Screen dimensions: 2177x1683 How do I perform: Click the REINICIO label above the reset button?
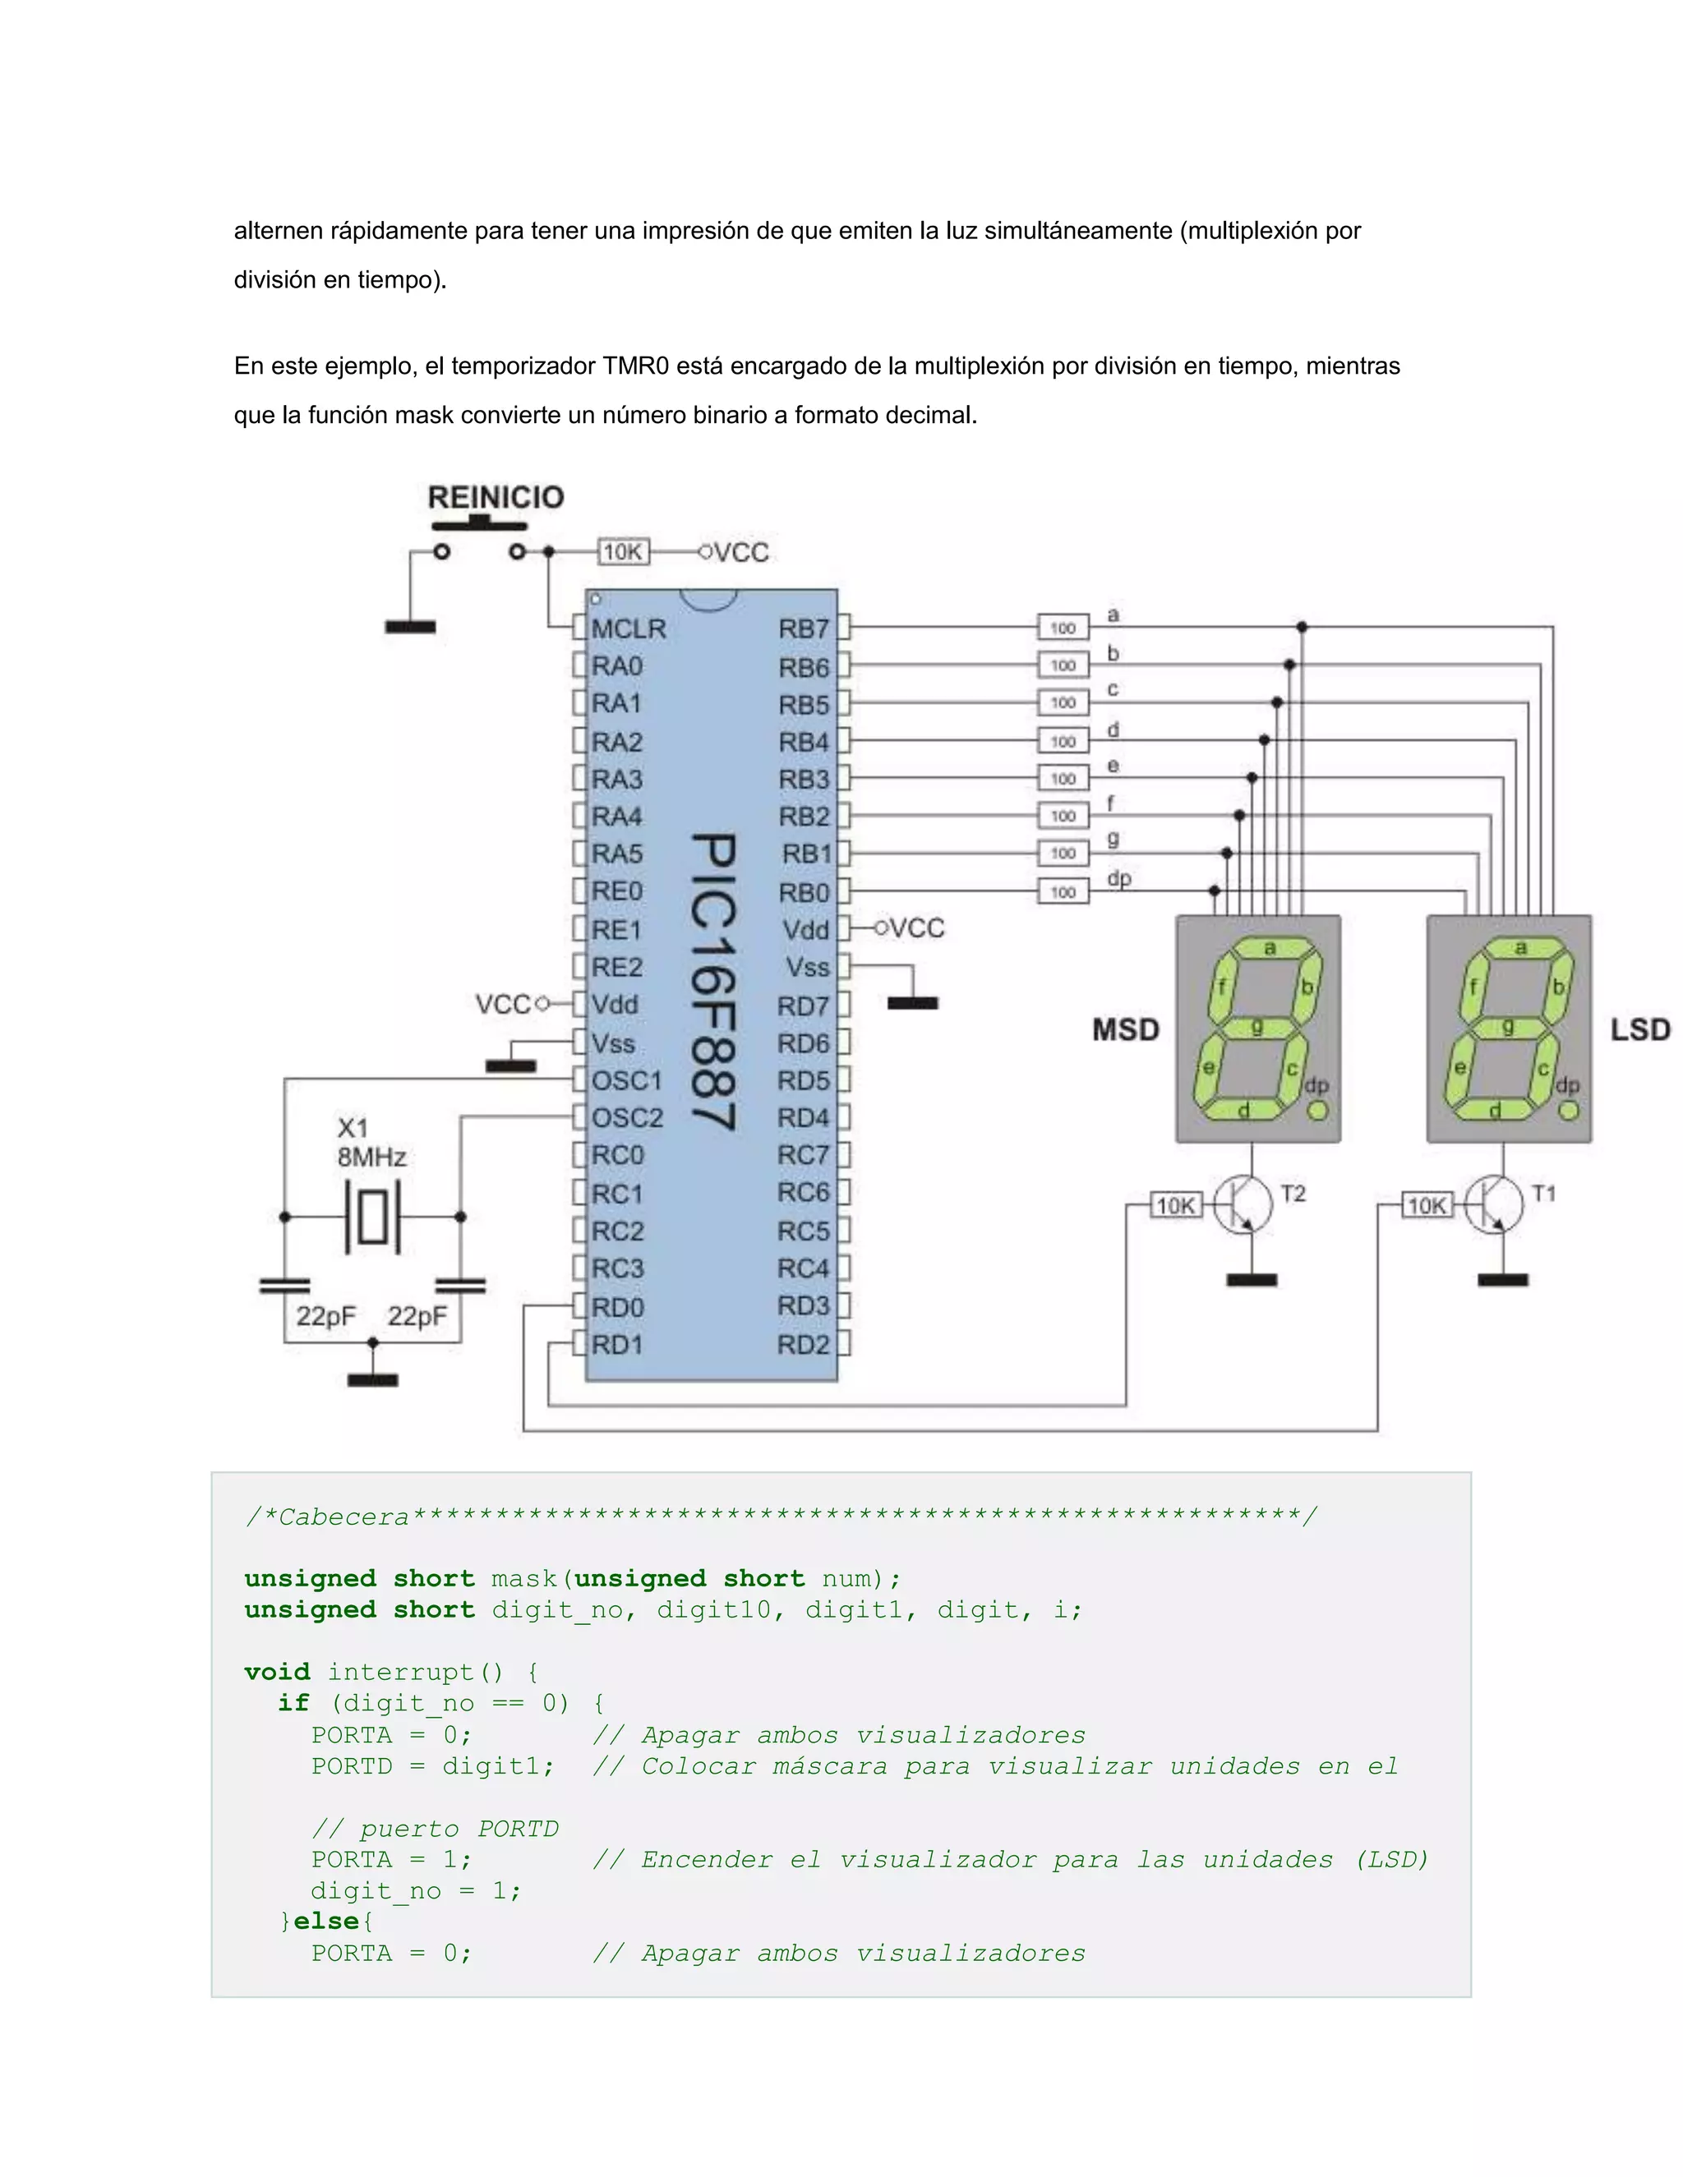pyautogui.click(x=496, y=496)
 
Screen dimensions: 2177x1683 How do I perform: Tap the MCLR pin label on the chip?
pyautogui.click(x=628, y=629)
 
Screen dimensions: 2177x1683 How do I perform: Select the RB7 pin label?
pyautogui.click(x=803, y=629)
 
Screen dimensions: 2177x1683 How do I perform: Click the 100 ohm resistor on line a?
pyautogui.click(x=1063, y=628)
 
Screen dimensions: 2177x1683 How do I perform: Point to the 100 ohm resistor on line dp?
pyautogui.click(x=1063, y=892)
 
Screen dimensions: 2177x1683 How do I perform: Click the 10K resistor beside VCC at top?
pyautogui.click(x=623, y=551)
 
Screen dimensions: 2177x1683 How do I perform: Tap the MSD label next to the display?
pyautogui.click(x=1126, y=1029)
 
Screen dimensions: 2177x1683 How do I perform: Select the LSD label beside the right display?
pyautogui.click(x=1640, y=1029)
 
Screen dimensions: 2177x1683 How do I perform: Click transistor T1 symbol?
pyautogui.click(x=1496, y=1205)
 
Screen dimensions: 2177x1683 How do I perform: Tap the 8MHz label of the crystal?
pyautogui.click(x=371, y=1158)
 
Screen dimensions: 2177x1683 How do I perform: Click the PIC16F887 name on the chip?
pyautogui.click(x=714, y=982)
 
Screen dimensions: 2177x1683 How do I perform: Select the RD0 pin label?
pyautogui.click(x=617, y=1307)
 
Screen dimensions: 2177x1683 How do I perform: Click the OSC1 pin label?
pyautogui.click(x=626, y=1080)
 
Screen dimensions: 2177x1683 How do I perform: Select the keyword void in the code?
pyautogui.click(x=277, y=1672)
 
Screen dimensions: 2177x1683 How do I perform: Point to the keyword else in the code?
pyautogui.click(x=327, y=1921)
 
